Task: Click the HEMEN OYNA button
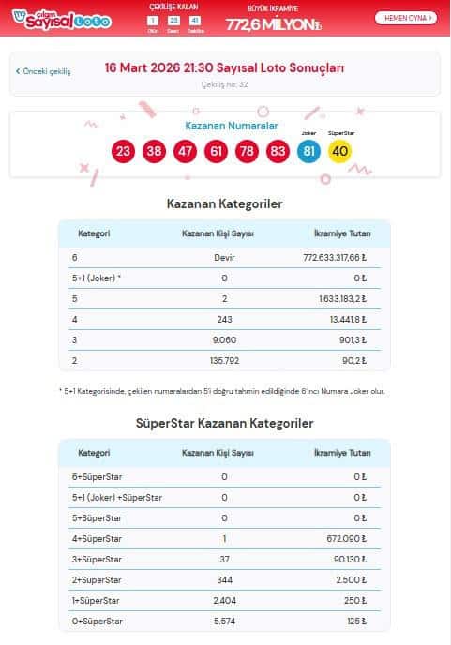click(x=405, y=18)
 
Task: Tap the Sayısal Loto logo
click(x=59, y=18)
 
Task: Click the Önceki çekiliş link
click(x=43, y=71)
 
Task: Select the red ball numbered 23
click(x=123, y=151)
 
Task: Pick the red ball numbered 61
click(x=216, y=151)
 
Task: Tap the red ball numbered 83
click(x=278, y=151)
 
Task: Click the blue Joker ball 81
click(x=308, y=151)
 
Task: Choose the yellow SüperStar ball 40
click(x=339, y=151)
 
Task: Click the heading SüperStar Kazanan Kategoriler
click(x=224, y=423)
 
